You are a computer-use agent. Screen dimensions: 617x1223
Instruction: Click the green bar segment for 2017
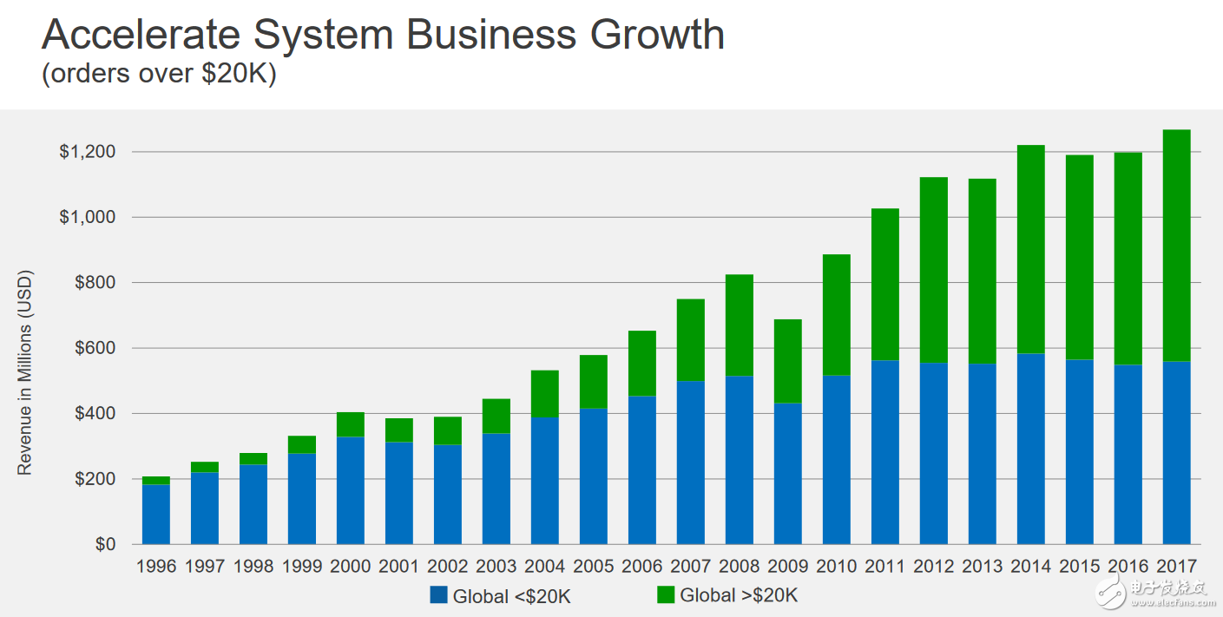pyautogui.click(x=1176, y=245)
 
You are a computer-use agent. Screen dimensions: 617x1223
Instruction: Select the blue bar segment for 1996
pyautogui.click(x=156, y=514)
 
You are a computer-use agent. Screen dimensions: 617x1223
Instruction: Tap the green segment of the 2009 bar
pyautogui.click(x=788, y=361)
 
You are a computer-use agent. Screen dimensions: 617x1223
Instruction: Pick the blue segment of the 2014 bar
pyautogui.click(x=1030, y=449)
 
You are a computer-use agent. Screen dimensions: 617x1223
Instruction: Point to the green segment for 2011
pyautogui.click(x=885, y=285)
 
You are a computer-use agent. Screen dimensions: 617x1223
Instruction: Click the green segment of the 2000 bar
pyautogui.click(x=351, y=424)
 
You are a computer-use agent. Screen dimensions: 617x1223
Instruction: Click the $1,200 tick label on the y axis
pyautogui.click(x=87, y=152)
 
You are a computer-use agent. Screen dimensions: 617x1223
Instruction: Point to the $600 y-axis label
pyautogui.click(x=94, y=348)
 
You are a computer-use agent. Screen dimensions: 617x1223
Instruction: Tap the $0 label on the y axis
pyautogui.click(x=105, y=544)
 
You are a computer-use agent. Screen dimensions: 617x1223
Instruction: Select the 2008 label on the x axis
pyautogui.click(x=740, y=567)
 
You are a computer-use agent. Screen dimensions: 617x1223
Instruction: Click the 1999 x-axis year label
pyautogui.click(x=302, y=567)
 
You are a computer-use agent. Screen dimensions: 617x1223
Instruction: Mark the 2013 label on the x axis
pyautogui.click(x=983, y=567)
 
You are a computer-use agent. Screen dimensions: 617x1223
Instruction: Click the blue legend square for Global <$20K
pyautogui.click(x=438, y=595)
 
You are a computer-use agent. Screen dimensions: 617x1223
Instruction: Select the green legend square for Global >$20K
pyautogui.click(x=666, y=595)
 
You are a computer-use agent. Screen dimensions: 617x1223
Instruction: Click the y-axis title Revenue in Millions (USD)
pyautogui.click(x=24, y=373)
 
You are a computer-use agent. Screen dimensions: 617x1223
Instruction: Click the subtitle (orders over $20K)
pyautogui.click(x=159, y=75)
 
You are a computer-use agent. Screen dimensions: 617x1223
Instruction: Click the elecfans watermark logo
pyautogui.click(x=1154, y=589)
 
